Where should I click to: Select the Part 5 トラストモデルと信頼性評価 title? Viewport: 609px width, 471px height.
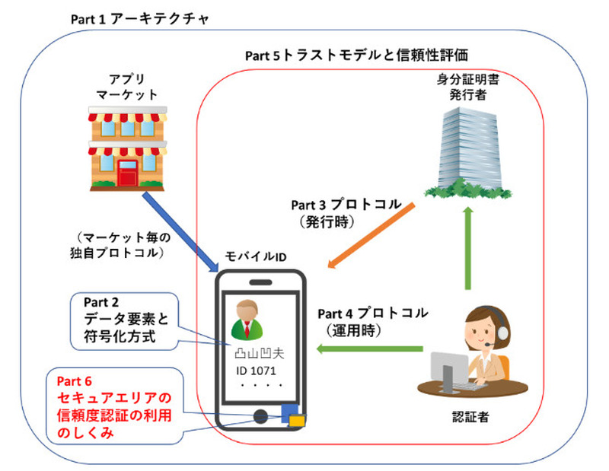[x=356, y=55]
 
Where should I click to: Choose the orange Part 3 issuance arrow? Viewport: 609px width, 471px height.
[x=373, y=235]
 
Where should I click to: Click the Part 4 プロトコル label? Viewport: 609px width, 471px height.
[x=372, y=313]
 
